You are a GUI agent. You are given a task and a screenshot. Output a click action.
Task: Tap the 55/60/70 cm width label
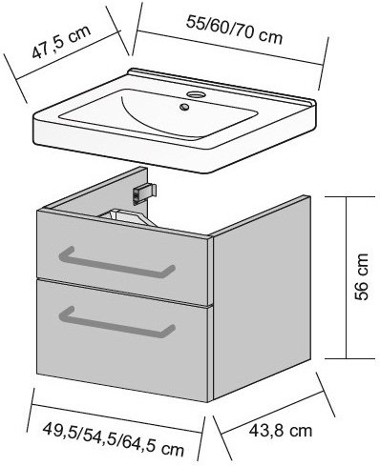(234, 30)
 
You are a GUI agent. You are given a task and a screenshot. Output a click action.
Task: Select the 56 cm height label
(362, 276)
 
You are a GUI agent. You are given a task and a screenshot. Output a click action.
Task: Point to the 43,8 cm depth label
(280, 431)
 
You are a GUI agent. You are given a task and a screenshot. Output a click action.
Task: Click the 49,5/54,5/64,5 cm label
(114, 439)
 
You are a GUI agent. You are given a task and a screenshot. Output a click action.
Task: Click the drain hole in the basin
(183, 107)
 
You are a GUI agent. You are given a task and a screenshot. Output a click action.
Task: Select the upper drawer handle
(116, 263)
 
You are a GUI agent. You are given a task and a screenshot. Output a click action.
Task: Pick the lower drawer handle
(116, 322)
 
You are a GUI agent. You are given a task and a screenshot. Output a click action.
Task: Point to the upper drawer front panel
(122, 255)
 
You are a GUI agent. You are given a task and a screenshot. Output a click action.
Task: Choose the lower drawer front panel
(122, 340)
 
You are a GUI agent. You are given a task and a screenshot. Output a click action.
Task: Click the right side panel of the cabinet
(261, 297)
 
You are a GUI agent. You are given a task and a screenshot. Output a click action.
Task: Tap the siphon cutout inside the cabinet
(127, 217)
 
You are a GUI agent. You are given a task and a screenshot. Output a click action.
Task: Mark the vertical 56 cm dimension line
(346, 277)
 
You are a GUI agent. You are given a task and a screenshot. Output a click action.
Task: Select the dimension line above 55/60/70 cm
(230, 48)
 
